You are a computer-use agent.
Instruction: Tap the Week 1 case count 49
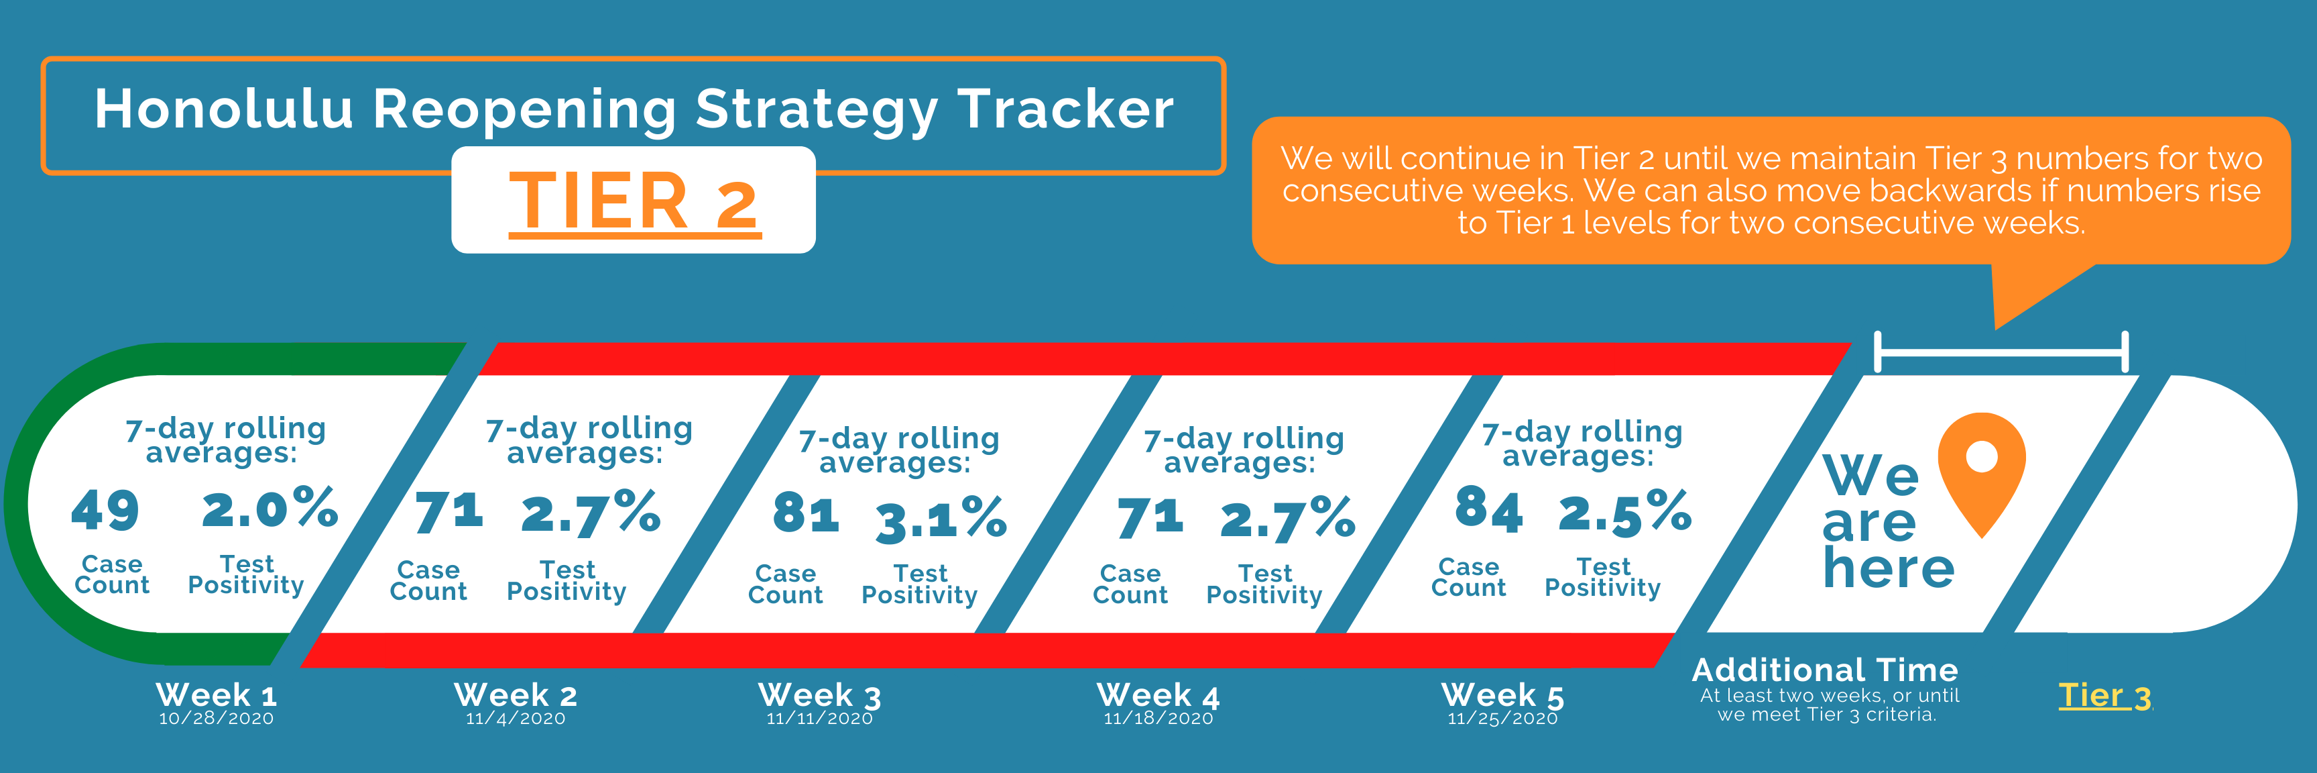pyautogui.click(x=105, y=510)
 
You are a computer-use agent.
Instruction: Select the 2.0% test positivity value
pyautogui.click(x=270, y=509)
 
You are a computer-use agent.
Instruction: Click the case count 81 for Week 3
pyautogui.click(x=806, y=514)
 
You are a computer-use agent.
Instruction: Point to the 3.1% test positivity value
pyautogui.click(x=941, y=519)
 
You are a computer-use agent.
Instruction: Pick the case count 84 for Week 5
pyautogui.click(x=1488, y=509)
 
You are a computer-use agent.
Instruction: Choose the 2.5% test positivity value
pyautogui.click(x=1624, y=513)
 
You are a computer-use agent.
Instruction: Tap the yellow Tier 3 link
pyautogui.click(x=2104, y=696)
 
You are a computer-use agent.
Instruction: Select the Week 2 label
pyautogui.click(x=516, y=694)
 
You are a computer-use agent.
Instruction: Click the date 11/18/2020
pyautogui.click(x=1158, y=718)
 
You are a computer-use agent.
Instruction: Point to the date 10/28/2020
pyautogui.click(x=216, y=718)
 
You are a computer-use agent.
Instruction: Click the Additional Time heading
pyautogui.click(x=1825, y=670)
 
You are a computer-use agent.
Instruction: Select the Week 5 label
pyautogui.click(x=1502, y=694)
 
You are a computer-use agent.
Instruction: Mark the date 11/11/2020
pyautogui.click(x=819, y=718)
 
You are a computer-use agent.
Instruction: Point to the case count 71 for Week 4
pyautogui.click(x=1150, y=518)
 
